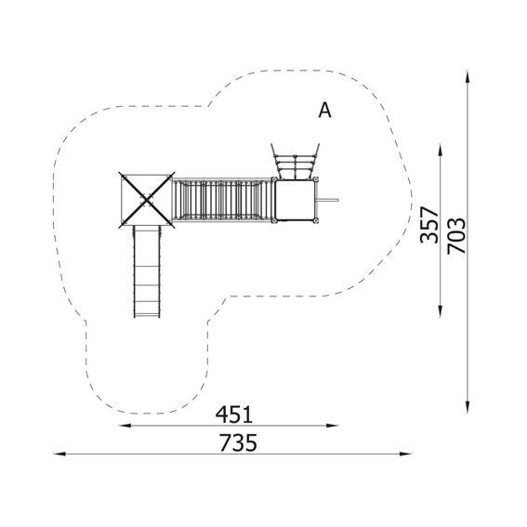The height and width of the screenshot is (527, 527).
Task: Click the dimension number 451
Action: point(234,415)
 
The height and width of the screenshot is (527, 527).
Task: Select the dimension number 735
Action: point(238,442)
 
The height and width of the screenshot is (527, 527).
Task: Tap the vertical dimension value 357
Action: point(429,225)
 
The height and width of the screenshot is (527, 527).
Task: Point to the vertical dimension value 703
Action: point(456,235)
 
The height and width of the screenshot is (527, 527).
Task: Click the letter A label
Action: point(324,110)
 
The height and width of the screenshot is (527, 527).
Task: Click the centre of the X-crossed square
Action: point(147,200)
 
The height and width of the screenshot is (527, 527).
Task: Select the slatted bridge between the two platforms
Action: point(222,200)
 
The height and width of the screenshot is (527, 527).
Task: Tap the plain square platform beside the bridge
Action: point(296,200)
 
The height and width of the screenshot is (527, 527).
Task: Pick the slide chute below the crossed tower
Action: point(147,271)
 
